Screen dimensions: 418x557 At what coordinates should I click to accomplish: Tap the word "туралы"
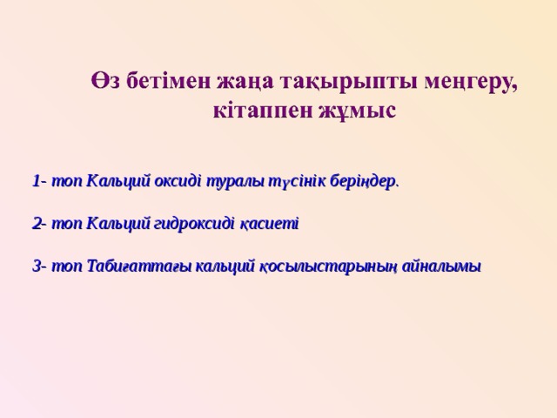pos(232,182)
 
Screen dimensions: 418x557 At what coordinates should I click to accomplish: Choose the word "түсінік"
pos(295,182)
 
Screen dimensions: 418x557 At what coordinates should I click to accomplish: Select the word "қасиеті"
pos(269,225)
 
